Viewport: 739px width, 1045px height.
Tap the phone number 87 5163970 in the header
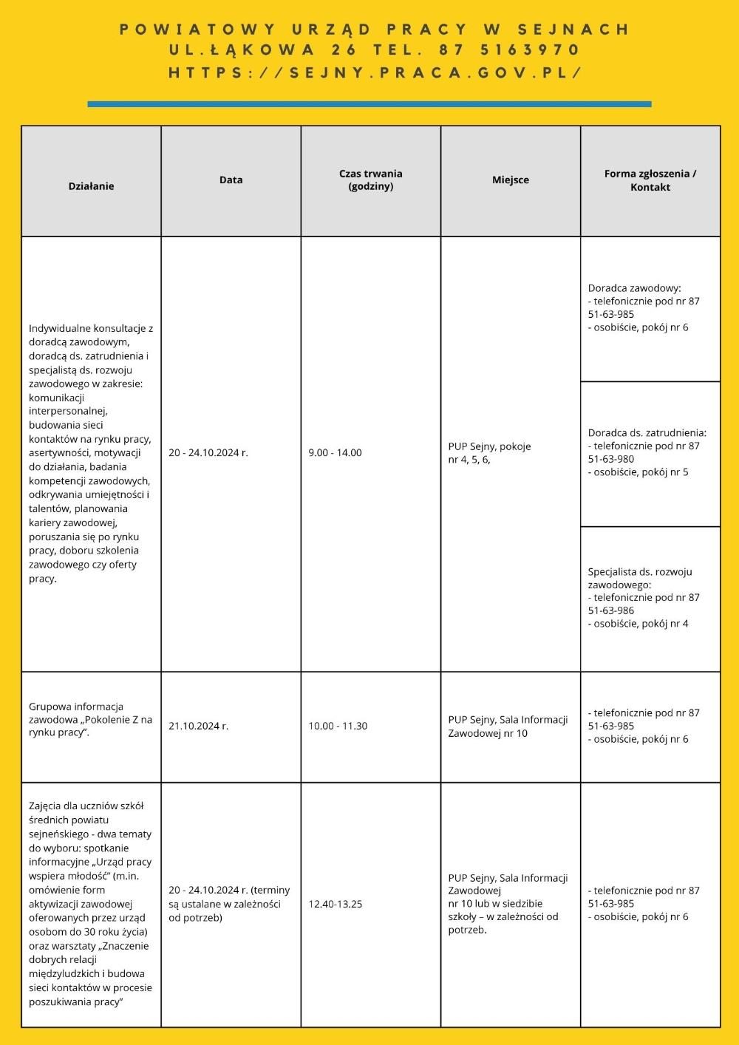pyautogui.click(x=508, y=50)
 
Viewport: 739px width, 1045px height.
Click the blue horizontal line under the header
pyautogui.click(x=369, y=104)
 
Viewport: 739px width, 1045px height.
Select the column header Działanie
pyautogui.click(x=91, y=186)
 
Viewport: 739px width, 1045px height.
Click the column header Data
pyautogui.click(x=231, y=180)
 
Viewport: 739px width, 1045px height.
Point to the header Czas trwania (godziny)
pyautogui.click(x=370, y=180)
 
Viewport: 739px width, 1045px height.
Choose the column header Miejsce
pyautogui.click(x=511, y=180)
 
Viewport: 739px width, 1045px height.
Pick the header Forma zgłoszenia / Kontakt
pyautogui.click(x=650, y=180)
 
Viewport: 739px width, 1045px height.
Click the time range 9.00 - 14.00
pyautogui.click(x=335, y=452)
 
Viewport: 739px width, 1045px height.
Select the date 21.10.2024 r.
pyautogui.click(x=198, y=726)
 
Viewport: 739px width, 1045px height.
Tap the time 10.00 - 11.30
pyautogui.click(x=338, y=726)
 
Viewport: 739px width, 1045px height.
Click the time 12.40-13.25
pyautogui.click(x=335, y=904)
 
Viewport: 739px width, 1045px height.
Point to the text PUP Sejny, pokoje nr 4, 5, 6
pyautogui.click(x=488, y=453)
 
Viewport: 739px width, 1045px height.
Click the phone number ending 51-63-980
pyautogui.click(x=611, y=459)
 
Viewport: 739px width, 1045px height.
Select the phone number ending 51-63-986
pyautogui.click(x=611, y=610)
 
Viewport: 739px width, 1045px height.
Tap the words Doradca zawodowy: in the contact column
pyautogui.click(x=634, y=288)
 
